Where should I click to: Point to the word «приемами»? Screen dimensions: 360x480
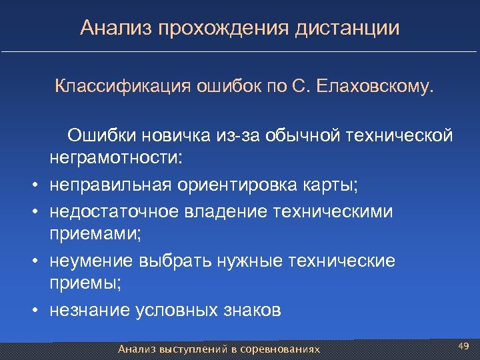tap(87, 235)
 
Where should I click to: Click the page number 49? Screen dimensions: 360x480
tap(464, 345)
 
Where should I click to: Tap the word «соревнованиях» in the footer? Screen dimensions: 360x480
tap(280, 349)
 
